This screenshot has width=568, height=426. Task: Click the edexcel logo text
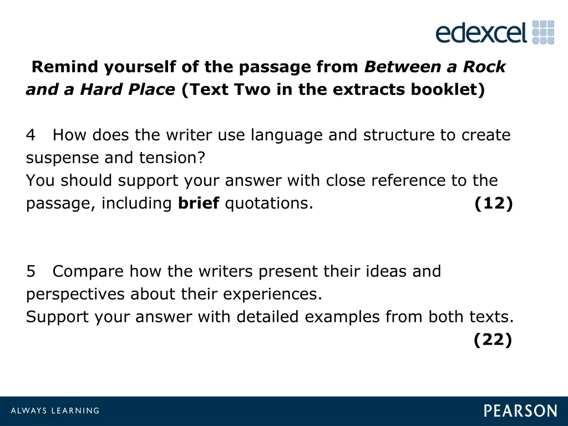pos(480,33)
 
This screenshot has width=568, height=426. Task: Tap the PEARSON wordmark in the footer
pos(520,411)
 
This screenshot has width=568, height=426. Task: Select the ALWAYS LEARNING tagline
pos(55,411)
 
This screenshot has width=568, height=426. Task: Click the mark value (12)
pos(494,204)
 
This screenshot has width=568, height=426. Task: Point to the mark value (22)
pos(493,340)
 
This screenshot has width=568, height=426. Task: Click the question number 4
pos(31,135)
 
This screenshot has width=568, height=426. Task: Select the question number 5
pos(31,272)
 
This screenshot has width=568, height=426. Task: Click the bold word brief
pos(199,204)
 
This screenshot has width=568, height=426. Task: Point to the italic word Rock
pos(484,67)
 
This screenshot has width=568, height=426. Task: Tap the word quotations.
pos(269,204)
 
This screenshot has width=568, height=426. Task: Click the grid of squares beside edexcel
pos(543,32)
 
